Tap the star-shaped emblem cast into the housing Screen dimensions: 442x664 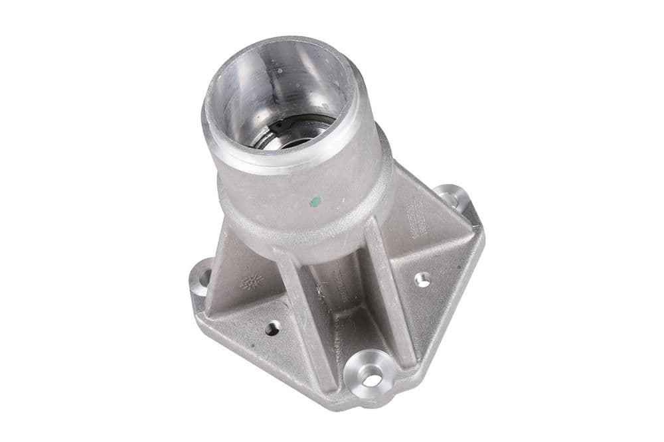point(252,281)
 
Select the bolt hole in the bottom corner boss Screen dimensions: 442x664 point(372,380)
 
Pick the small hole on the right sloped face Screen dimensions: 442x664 point(422,279)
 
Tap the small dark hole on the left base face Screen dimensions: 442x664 point(272,328)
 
